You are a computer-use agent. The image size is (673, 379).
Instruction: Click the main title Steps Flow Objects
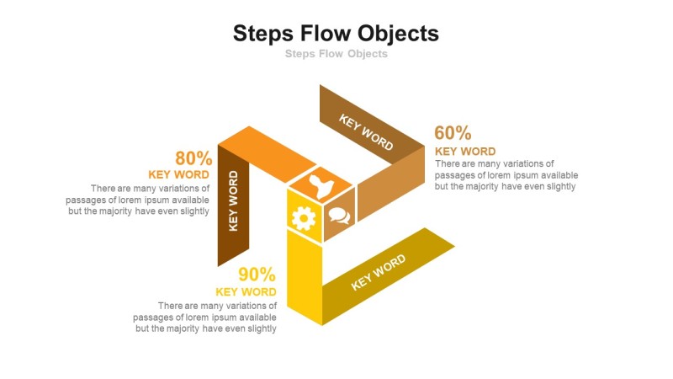pyautogui.click(x=336, y=34)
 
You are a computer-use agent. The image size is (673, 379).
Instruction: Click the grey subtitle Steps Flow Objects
pyautogui.click(x=336, y=54)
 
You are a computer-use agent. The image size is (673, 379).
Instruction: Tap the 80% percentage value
pyautogui.click(x=193, y=158)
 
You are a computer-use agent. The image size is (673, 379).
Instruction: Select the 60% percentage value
pyautogui.click(x=453, y=133)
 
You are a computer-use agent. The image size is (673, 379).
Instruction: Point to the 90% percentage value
pyautogui.click(x=257, y=275)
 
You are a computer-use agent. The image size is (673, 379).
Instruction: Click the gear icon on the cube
pyautogui.click(x=303, y=218)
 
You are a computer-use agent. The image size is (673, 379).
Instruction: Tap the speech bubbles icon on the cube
pyautogui.click(x=339, y=216)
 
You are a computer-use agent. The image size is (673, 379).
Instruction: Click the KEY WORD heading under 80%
pyautogui.click(x=179, y=174)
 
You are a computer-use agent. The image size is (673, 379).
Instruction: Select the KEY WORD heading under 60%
pyautogui.click(x=465, y=152)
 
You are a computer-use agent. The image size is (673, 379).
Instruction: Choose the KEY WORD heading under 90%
pyautogui.click(x=246, y=292)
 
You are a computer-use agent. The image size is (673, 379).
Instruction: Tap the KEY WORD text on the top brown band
pyautogui.click(x=366, y=131)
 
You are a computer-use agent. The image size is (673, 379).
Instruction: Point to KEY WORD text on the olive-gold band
pyautogui.click(x=379, y=271)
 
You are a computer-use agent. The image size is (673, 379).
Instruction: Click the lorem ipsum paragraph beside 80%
pyautogui.click(x=138, y=200)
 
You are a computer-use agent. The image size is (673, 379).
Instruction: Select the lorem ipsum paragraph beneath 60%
pyautogui.click(x=506, y=175)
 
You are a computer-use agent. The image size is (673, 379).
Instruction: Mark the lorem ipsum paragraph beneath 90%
pyautogui.click(x=205, y=317)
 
